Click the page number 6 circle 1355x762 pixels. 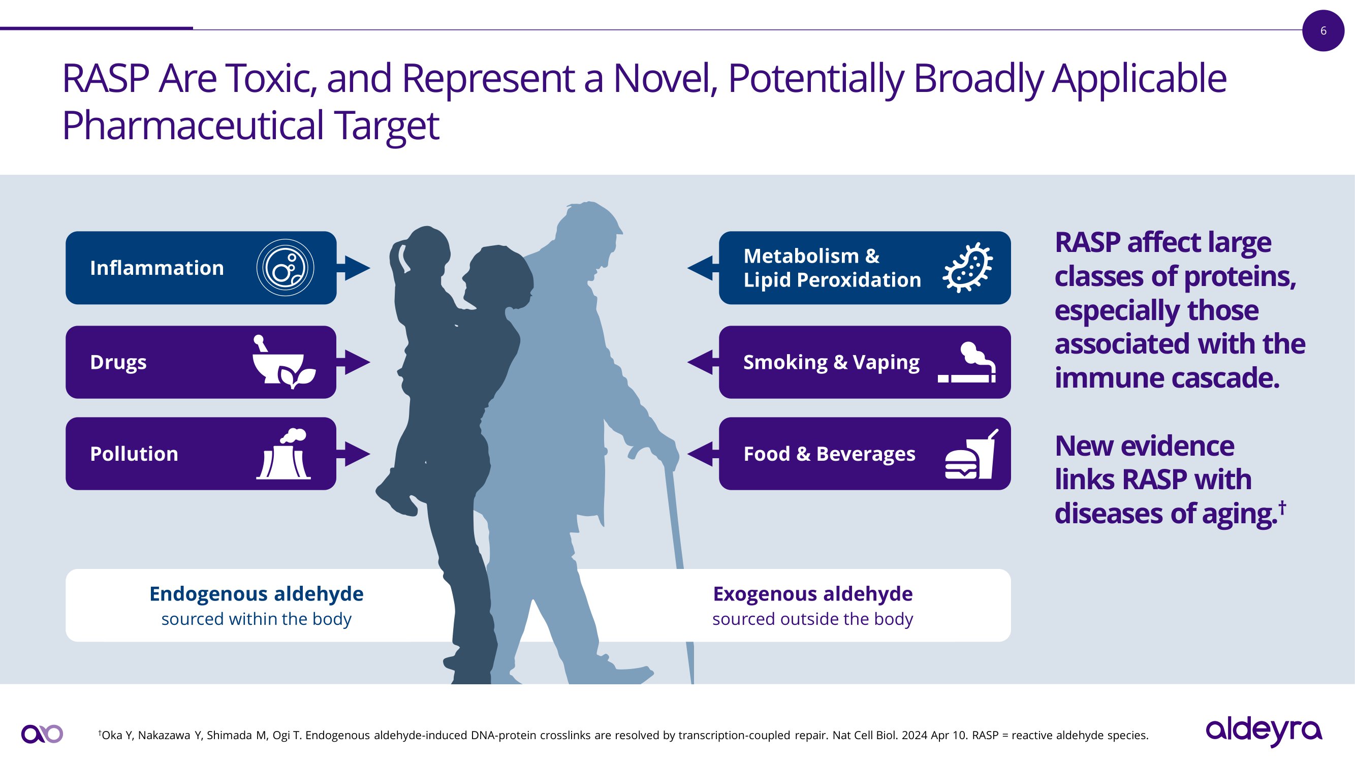[1323, 30]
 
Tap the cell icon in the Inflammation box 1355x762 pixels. [285, 268]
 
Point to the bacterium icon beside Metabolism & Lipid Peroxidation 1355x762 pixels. [967, 268]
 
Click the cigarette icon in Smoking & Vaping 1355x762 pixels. [967, 363]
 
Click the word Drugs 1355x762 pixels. [118, 362]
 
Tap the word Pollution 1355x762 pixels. [134, 454]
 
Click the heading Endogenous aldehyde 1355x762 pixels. [256, 594]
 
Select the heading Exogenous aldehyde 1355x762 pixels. [813, 594]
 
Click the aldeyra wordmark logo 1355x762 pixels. [1264, 732]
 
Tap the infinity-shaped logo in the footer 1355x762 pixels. [42, 734]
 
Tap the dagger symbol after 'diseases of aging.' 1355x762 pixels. [1282, 507]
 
